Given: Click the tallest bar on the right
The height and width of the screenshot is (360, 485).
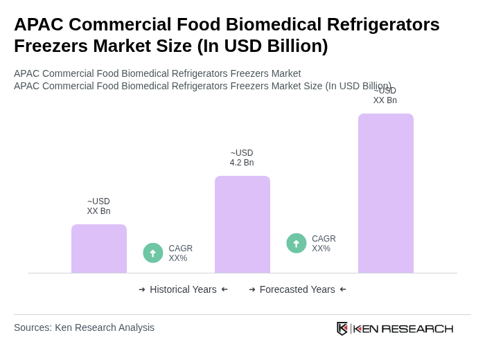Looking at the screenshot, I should pos(385,193).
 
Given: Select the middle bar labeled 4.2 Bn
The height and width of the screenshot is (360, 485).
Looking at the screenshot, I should pos(242,224).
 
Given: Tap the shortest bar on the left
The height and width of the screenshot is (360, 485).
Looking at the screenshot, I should pos(98,249).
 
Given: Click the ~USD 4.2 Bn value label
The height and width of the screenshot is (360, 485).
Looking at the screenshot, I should pos(242,158).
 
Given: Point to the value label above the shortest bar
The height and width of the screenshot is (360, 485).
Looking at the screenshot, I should pos(98,206).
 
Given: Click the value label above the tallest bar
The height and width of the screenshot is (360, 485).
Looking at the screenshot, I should pos(385,96).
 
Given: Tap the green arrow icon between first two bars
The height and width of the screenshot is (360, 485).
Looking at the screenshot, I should pos(153,253).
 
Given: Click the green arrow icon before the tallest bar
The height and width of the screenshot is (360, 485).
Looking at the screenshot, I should pos(297,244).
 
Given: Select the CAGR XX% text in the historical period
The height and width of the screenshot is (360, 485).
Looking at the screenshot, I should pos(180,253).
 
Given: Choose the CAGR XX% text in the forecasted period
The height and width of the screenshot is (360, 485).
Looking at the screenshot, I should pos(324,244).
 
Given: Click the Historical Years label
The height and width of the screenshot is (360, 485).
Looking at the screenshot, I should pos(183,289).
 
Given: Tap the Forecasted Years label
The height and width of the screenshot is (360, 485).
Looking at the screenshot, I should pos(297,289).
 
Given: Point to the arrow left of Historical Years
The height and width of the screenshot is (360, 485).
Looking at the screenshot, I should pos(142,289).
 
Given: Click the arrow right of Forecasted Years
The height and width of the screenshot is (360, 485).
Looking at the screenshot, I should pos(343,289).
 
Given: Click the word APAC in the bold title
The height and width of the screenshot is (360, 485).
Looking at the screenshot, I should pos(38,24).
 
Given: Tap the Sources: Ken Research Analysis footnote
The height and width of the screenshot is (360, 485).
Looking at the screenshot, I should pos(84,327).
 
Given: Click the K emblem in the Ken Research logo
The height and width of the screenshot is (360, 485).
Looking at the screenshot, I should pos(342,328).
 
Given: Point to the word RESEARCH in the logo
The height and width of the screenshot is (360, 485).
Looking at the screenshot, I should pos(417,328).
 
